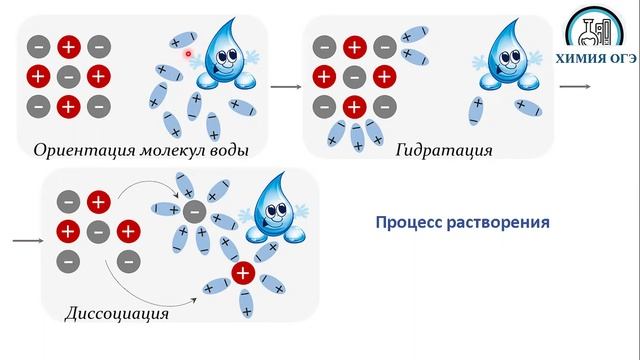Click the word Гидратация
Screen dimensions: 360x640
click(443, 152)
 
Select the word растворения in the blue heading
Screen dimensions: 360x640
click(499, 221)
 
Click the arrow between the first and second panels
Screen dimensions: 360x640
click(285, 87)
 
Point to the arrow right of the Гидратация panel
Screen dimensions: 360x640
click(573, 87)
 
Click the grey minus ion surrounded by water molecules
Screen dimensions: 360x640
click(193, 210)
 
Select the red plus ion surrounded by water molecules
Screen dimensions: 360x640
click(241, 273)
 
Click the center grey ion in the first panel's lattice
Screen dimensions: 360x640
click(68, 76)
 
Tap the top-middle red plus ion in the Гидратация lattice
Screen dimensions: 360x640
click(353, 46)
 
